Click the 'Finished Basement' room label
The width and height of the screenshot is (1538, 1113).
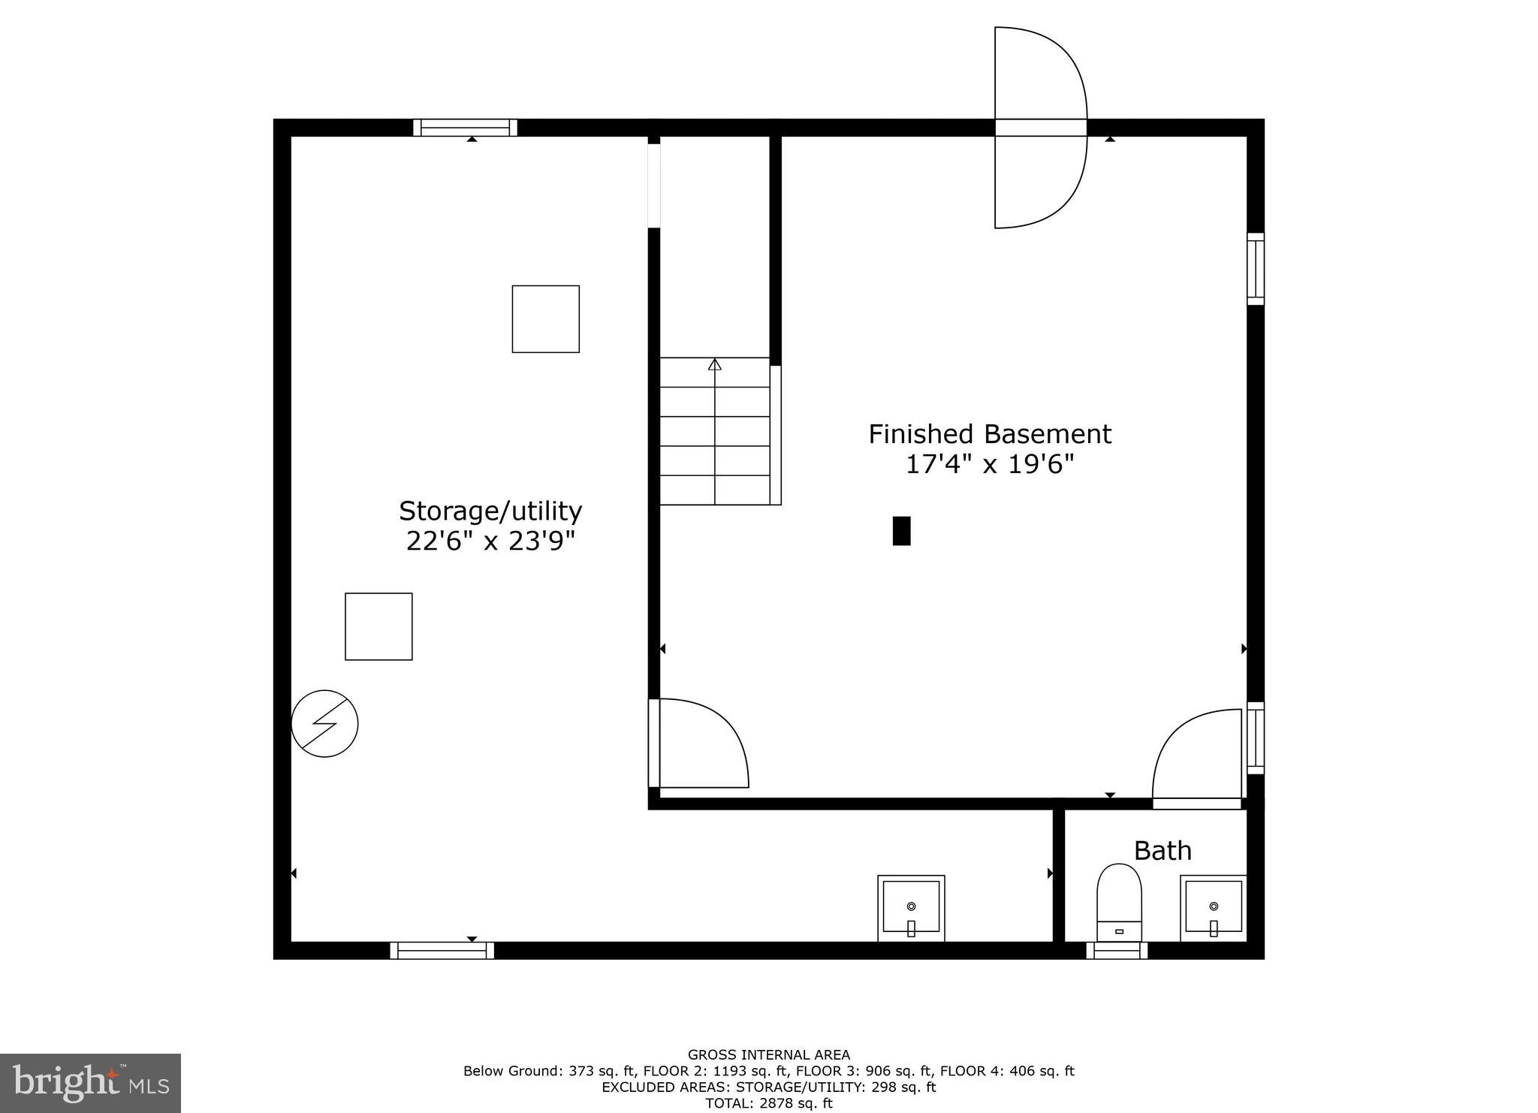coord(989,434)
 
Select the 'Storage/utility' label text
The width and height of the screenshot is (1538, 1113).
coord(490,511)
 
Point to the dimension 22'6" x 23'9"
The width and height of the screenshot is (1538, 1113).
coord(490,541)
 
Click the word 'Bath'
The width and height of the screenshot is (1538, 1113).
coord(1162,851)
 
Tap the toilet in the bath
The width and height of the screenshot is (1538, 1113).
coord(1119,901)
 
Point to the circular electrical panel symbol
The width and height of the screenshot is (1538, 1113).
coord(324,723)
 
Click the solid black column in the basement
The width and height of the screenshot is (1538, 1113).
coord(901,530)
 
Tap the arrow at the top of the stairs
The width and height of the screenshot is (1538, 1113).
coord(714,365)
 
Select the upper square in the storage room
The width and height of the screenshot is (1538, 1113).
coord(545,318)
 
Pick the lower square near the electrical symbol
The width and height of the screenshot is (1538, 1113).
coord(378,626)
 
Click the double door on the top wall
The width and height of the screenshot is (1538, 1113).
coord(1040,128)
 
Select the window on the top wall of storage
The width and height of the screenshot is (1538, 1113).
coord(465,128)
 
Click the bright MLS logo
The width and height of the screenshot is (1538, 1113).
coord(90,1083)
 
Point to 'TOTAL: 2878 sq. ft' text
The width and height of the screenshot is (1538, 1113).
coord(768,1103)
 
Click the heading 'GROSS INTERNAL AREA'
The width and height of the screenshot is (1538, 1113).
coord(768,1055)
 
